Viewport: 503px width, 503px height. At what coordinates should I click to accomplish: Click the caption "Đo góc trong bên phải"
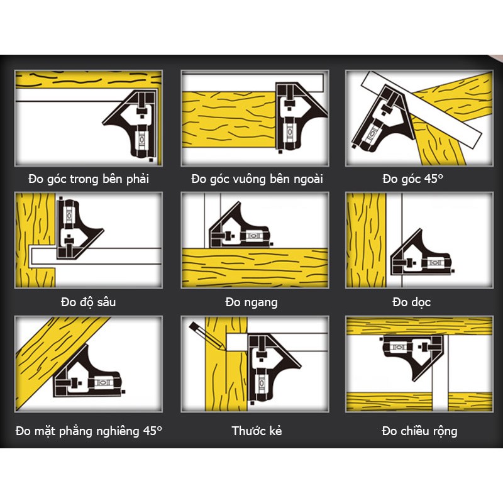click(89, 179)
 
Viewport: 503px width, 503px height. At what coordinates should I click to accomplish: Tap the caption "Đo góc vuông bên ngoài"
click(257, 179)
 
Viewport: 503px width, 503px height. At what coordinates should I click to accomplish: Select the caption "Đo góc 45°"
click(413, 179)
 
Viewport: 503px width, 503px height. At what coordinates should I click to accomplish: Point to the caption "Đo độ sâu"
click(89, 302)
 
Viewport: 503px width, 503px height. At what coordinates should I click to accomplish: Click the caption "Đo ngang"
click(251, 302)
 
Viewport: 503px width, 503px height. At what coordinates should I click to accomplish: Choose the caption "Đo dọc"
click(412, 302)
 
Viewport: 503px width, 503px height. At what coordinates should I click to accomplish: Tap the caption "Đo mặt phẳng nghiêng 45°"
click(89, 431)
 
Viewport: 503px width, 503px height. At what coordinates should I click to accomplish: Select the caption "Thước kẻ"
click(257, 431)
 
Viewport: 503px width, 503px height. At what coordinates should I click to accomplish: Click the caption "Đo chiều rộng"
click(419, 431)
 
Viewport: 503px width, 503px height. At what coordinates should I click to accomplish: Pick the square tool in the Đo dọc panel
click(421, 253)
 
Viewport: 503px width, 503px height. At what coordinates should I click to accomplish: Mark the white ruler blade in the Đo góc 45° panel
click(421, 109)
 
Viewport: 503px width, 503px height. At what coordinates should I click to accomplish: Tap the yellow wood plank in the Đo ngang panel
click(255, 268)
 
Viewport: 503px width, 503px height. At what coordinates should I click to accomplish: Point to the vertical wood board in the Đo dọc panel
click(366, 240)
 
